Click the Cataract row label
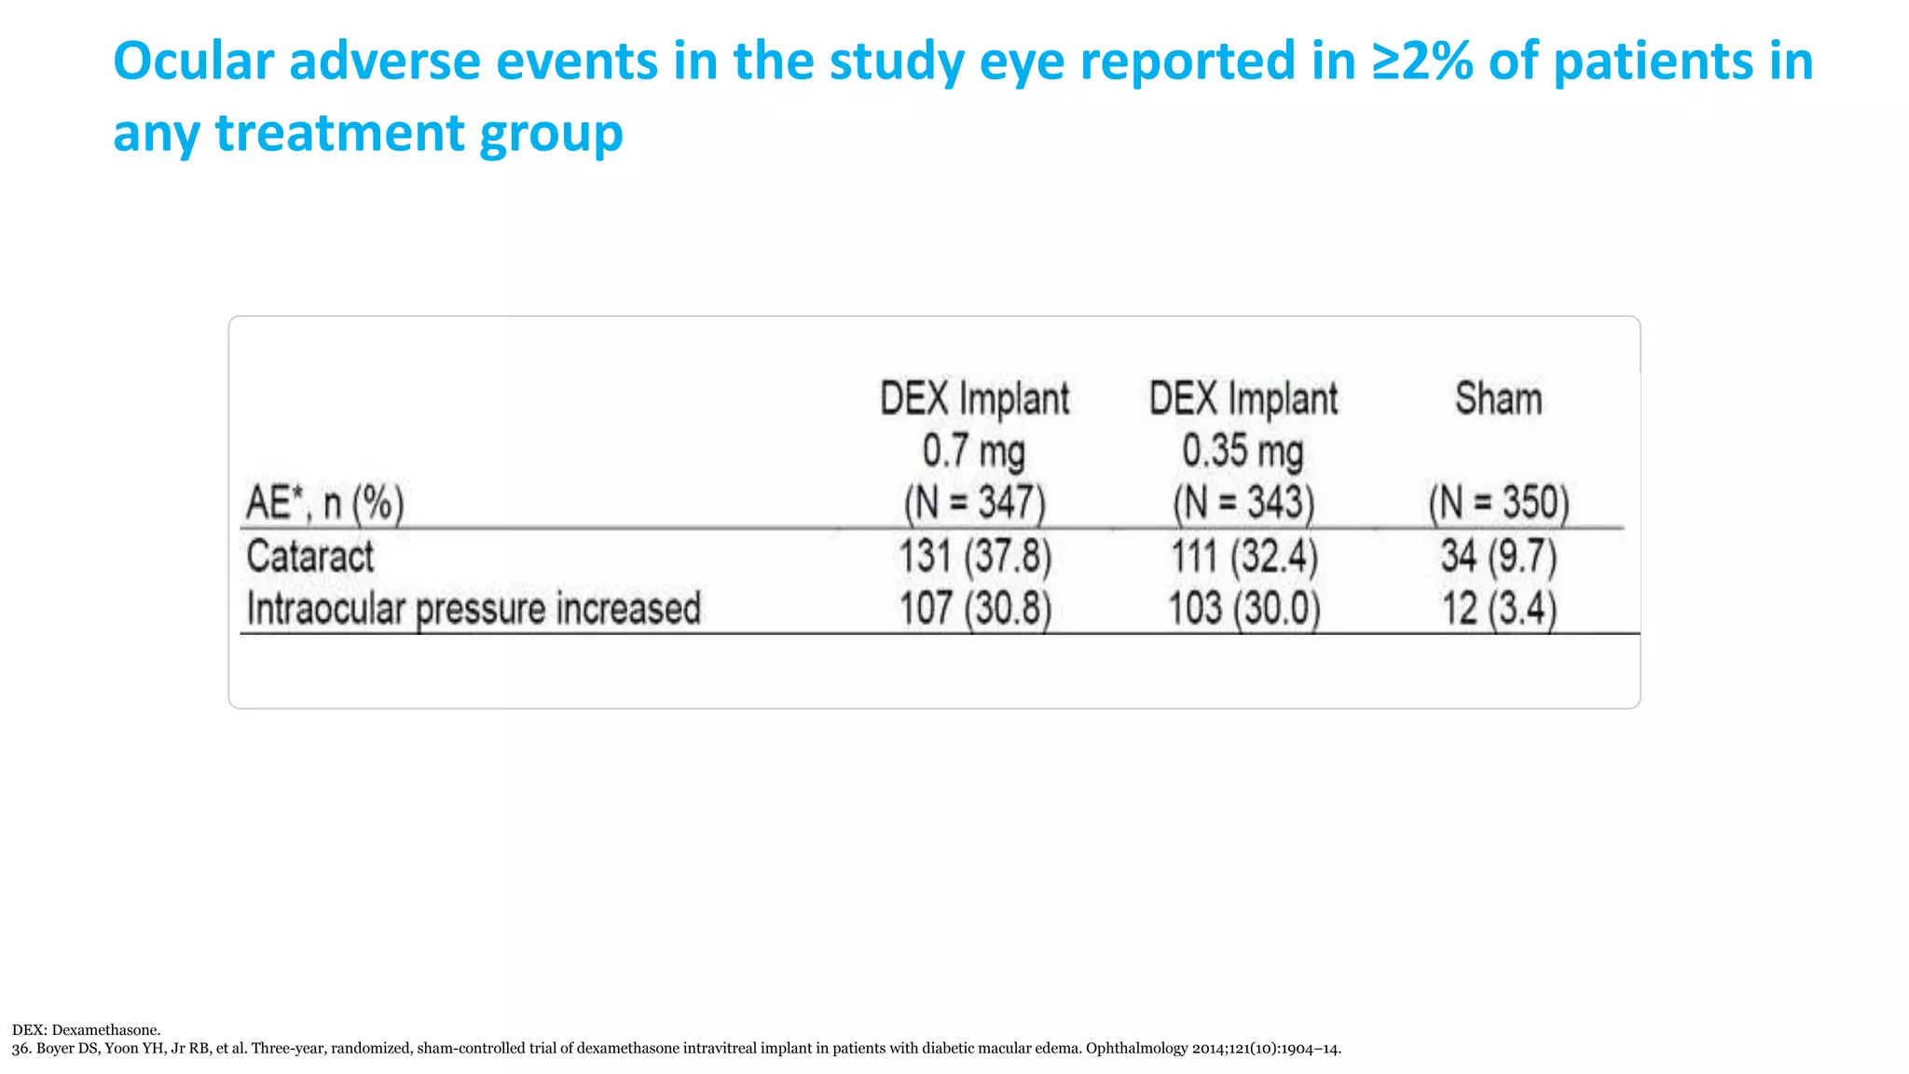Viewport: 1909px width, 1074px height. click(x=309, y=557)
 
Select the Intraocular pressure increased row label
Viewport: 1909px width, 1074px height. click(x=474, y=609)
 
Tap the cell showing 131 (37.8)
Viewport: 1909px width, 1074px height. click(x=975, y=557)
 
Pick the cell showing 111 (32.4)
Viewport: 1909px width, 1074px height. click(x=1244, y=557)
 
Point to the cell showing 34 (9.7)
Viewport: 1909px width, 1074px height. click(x=1499, y=557)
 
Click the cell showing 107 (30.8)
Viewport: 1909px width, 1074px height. click(x=975, y=609)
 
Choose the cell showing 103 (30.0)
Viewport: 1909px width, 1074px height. click(x=1244, y=609)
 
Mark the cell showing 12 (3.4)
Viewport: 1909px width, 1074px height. click(x=1499, y=609)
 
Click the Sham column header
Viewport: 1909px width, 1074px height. click(x=1498, y=399)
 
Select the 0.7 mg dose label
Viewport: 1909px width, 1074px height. click(x=974, y=451)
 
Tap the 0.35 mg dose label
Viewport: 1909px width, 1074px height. click(x=1243, y=451)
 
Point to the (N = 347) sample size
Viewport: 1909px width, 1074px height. click(x=975, y=503)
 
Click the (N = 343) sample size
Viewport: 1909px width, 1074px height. click(x=1243, y=503)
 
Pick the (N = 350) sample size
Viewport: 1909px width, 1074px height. click(x=1499, y=503)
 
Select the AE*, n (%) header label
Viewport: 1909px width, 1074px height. click(x=324, y=503)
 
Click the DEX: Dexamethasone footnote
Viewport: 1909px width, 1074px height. click(x=86, y=1030)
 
